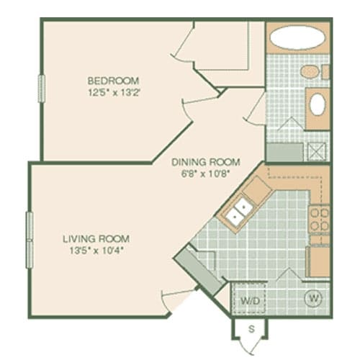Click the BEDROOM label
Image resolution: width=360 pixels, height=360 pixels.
[114, 80]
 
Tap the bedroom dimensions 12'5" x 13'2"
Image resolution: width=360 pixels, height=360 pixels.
[114, 91]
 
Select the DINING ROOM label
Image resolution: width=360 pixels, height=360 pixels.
[206, 162]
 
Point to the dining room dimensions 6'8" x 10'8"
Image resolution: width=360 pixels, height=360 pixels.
[206, 173]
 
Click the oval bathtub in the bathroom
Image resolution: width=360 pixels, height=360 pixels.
[297, 37]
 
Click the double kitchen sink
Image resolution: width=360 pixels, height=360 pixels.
[237, 212]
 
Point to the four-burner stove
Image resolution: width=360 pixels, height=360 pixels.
[318, 220]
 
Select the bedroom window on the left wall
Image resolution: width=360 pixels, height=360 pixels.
[42, 89]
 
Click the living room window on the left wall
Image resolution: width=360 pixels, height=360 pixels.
[30, 237]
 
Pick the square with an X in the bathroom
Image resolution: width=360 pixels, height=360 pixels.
[316, 151]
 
